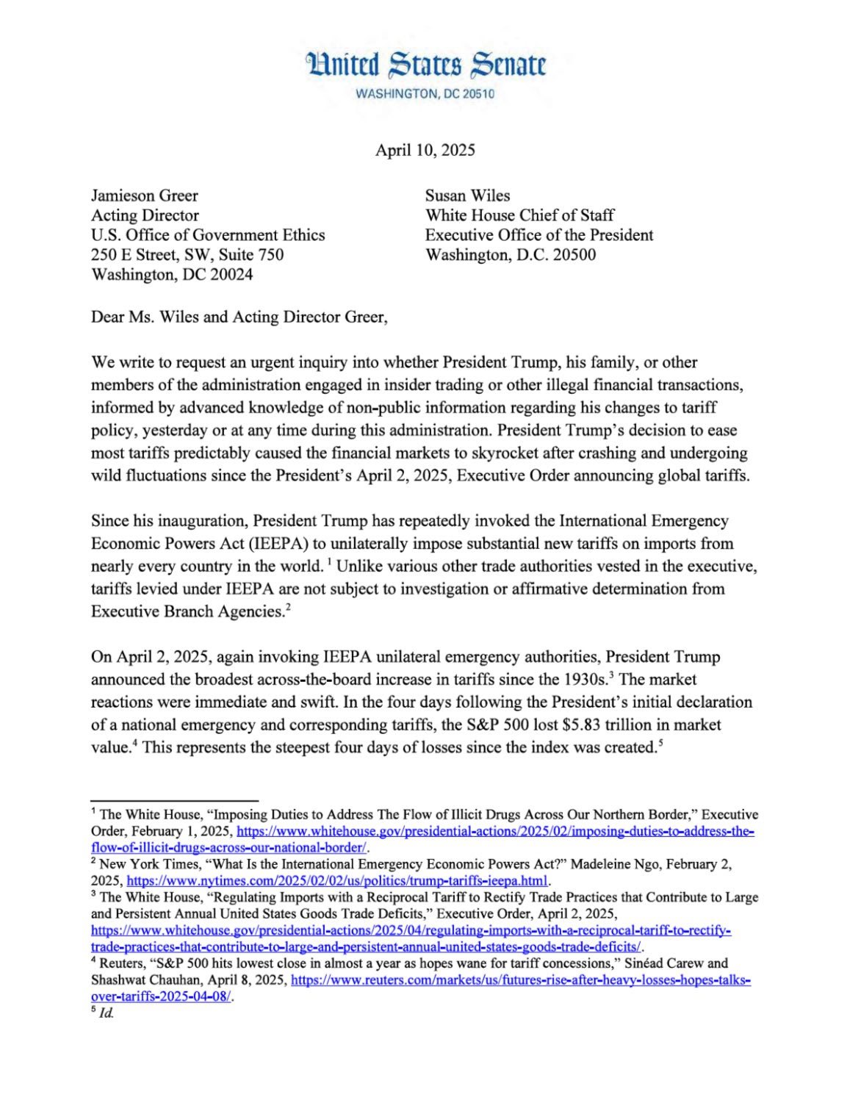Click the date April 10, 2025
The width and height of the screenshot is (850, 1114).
pyautogui.click(x=425, y=150)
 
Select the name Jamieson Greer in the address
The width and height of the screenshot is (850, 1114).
pyautogui.click(x=144, y=195)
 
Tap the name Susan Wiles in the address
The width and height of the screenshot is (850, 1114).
pyautogui.click(x=467, y=195)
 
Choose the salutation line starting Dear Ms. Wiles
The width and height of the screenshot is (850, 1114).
pyautogui.click(x=238, y=317)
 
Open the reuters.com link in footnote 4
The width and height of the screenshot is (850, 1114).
pyautogui.click(x=521, y=980)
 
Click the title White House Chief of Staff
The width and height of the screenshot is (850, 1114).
pyautogui.click(x=519, y=215)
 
